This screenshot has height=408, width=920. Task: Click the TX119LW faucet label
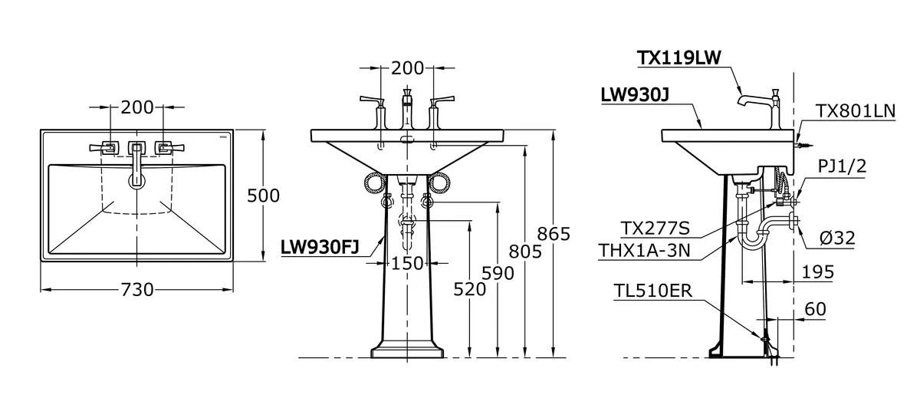click(679, 58)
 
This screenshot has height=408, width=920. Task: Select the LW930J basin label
click(635, 95)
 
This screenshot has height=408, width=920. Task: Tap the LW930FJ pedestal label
click(320, 247)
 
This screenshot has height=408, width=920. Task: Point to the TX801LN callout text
click(855, 111)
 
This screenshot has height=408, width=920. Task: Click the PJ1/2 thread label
click(842, 166)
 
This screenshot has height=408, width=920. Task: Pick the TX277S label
click(655, 229)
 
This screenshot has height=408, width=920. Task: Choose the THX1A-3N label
click(645, 251)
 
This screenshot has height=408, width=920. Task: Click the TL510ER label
click(653, 291)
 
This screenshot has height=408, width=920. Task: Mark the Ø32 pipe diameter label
click(837, 239)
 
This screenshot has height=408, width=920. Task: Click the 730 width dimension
click(137, 290)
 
